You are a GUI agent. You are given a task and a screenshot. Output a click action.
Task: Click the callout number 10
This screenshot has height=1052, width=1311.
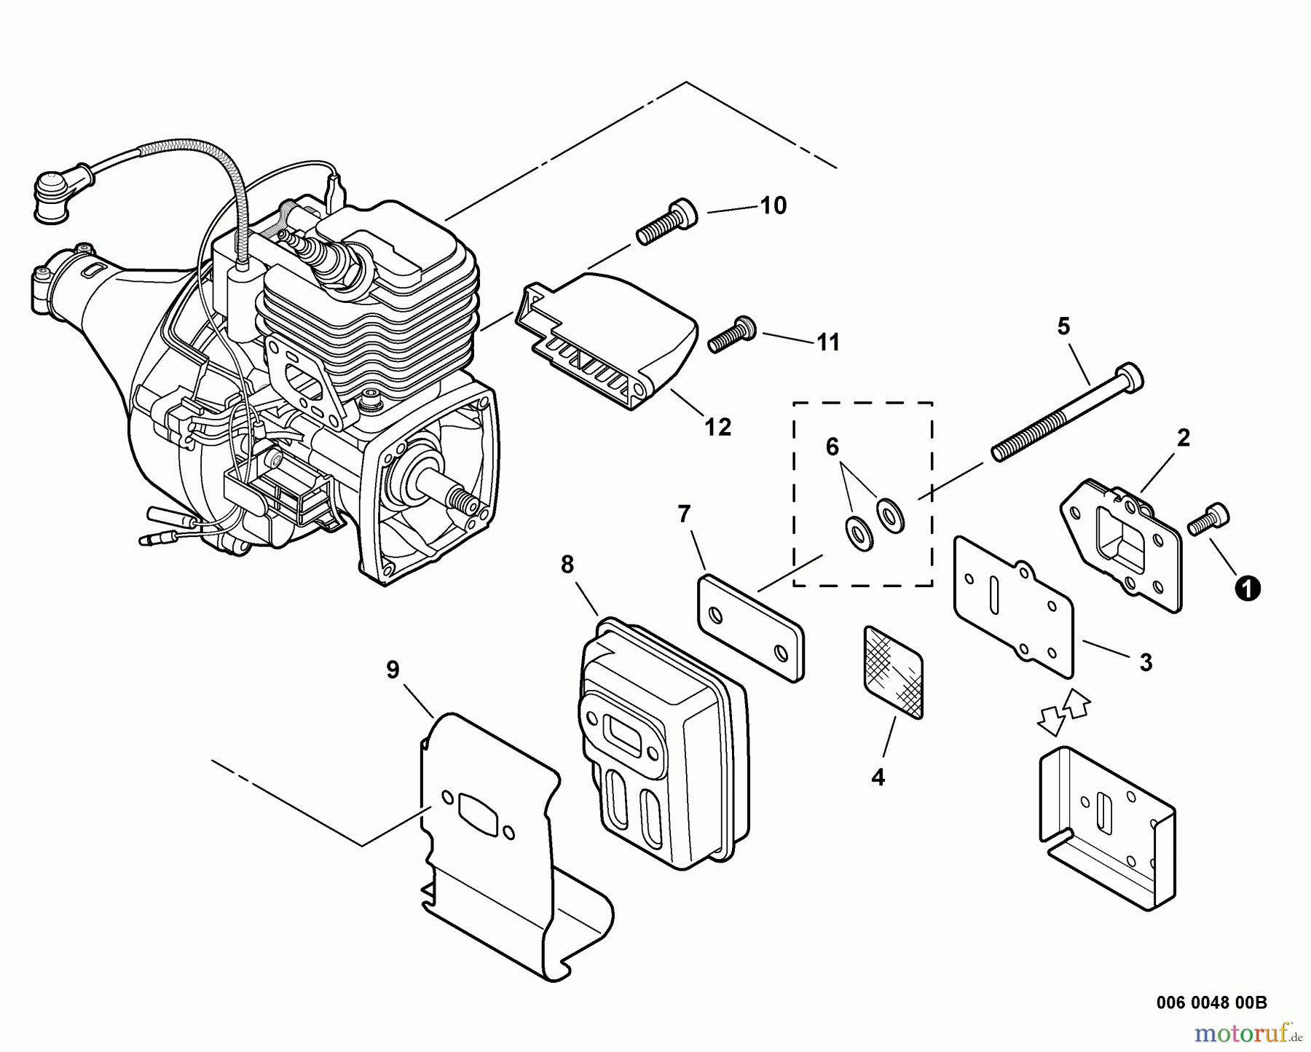point(773,206)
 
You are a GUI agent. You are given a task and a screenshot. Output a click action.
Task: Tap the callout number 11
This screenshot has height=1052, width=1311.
point(827,342)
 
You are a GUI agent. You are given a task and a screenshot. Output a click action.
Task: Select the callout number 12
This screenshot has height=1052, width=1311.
point(717,427)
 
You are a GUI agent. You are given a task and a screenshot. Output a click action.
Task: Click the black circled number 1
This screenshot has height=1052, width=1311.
point(1248,588)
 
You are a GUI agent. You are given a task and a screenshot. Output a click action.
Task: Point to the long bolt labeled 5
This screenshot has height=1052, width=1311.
point(1067,412)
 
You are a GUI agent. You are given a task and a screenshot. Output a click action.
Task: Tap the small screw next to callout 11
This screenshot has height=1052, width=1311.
point(731,337)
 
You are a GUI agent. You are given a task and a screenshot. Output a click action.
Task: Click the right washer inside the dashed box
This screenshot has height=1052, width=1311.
point(889,515)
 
